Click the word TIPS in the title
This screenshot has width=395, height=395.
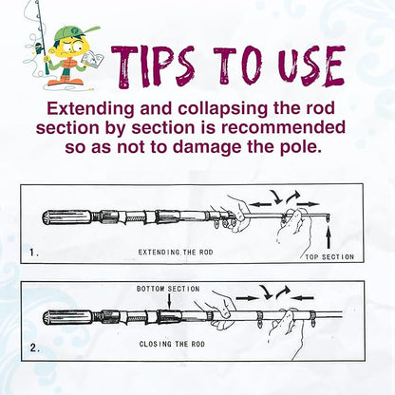click(x=153, y=66)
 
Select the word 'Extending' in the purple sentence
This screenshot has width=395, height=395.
click(x=90, y=109)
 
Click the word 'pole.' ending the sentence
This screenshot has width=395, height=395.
click(x=301, y=147)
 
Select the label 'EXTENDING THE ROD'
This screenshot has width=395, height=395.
click(x=176, y=253)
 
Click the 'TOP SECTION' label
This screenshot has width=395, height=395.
click(x=329, y=257)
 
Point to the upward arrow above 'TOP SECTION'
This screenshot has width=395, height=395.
click(x=329, y=236)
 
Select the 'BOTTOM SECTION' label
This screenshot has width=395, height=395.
click(x=168, y=289)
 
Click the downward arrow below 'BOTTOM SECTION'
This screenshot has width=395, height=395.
click(x=170, y=301)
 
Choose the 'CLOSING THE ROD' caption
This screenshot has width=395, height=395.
click(x=172, y=344)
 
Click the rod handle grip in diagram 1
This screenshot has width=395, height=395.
click(x=67, y=217)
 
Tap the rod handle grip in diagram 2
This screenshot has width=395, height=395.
click(x=67, y=317)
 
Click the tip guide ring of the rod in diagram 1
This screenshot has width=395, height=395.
click(x=327, y=217)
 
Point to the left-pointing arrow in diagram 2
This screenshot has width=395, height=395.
click(x=302, y=297)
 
